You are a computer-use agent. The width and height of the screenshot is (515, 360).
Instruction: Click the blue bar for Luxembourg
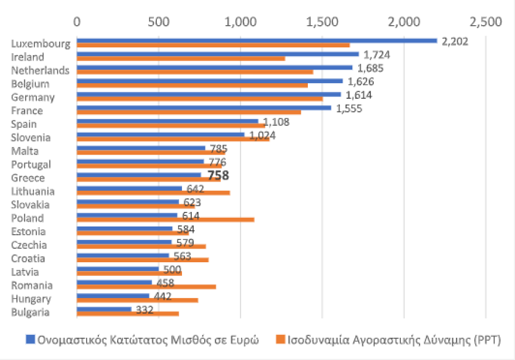[256, 40]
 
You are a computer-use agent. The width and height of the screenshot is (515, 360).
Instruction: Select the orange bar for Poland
[165, 220]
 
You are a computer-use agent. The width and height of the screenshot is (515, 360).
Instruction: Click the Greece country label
[28, 178]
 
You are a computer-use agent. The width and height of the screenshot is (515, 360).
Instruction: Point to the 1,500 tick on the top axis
[322, 22]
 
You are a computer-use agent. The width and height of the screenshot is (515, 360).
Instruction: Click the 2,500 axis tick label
[485, 22]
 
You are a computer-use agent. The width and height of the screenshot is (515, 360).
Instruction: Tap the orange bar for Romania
[146, 287]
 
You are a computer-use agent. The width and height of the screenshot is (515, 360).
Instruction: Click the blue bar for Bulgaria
[104, 309]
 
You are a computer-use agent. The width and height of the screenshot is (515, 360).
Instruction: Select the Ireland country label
[28, 57]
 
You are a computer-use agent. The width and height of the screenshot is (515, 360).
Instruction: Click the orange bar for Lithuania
[153, 193]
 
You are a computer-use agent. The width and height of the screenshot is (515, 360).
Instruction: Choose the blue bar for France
[204, 108]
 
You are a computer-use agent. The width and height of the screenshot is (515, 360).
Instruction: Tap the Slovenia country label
[31, 138]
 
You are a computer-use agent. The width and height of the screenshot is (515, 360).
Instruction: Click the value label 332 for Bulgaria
[145, 310]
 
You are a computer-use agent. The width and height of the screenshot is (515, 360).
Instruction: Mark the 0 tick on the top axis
[77, 22]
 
